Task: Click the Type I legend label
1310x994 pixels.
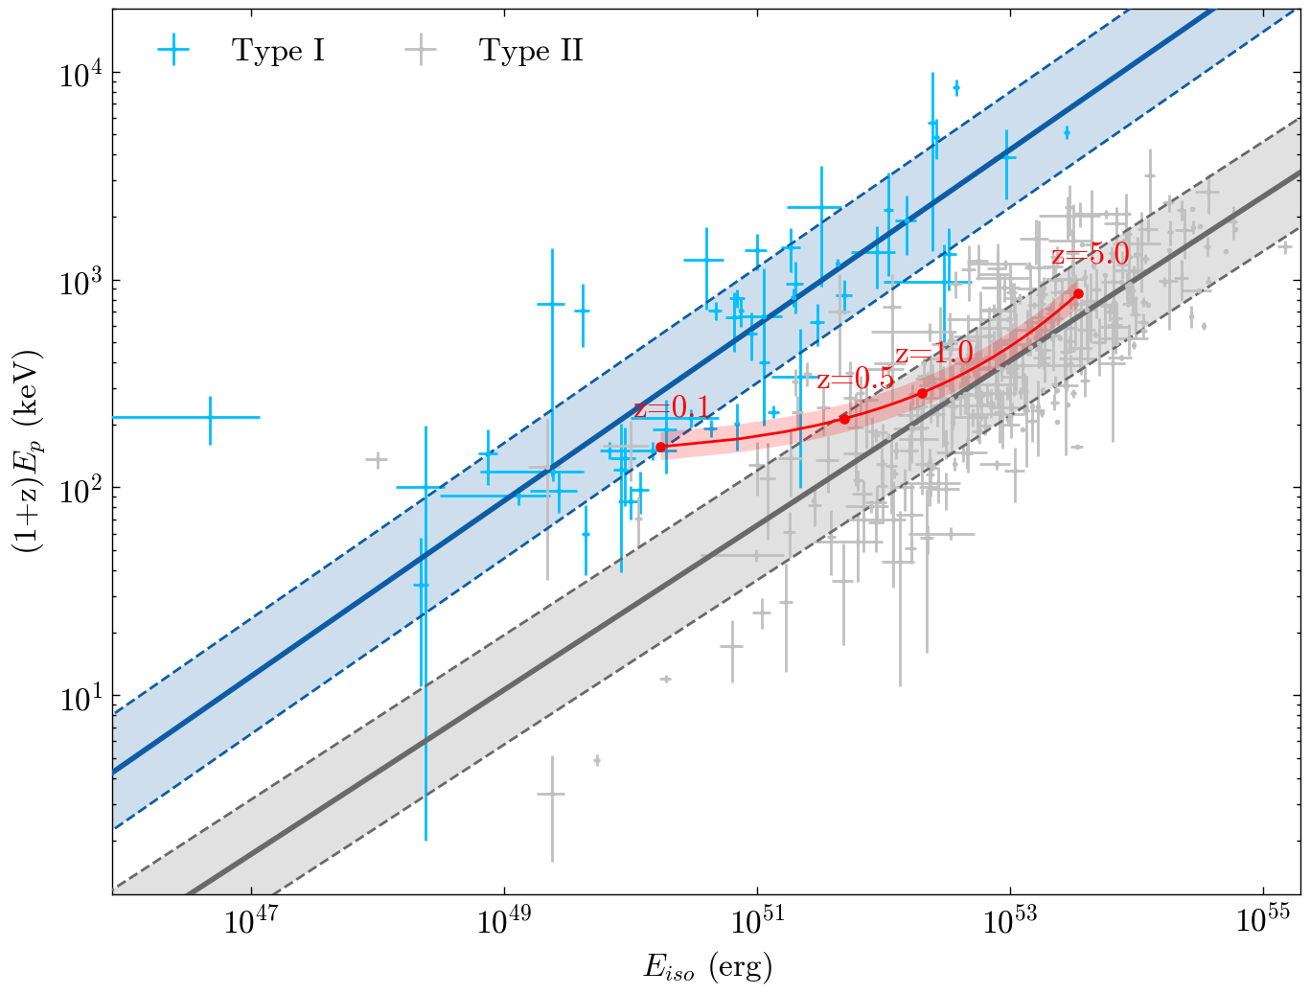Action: click(x=278, y=51)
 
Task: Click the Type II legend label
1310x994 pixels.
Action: click(x=531, y=51)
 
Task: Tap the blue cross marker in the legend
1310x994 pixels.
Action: click(x=173, y=51)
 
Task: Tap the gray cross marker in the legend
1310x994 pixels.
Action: click(x=421, y=51)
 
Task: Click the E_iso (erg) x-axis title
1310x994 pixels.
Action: click(x=707, y=967)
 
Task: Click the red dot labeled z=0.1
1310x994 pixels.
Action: click(x=660, y=448)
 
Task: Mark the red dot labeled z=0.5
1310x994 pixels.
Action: click(x=844, y=419)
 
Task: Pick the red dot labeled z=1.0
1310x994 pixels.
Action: click(x=922, y=393)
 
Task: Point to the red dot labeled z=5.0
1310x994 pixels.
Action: click(x=1078, y=293)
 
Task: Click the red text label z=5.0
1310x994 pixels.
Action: click(x=1090, y=255)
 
